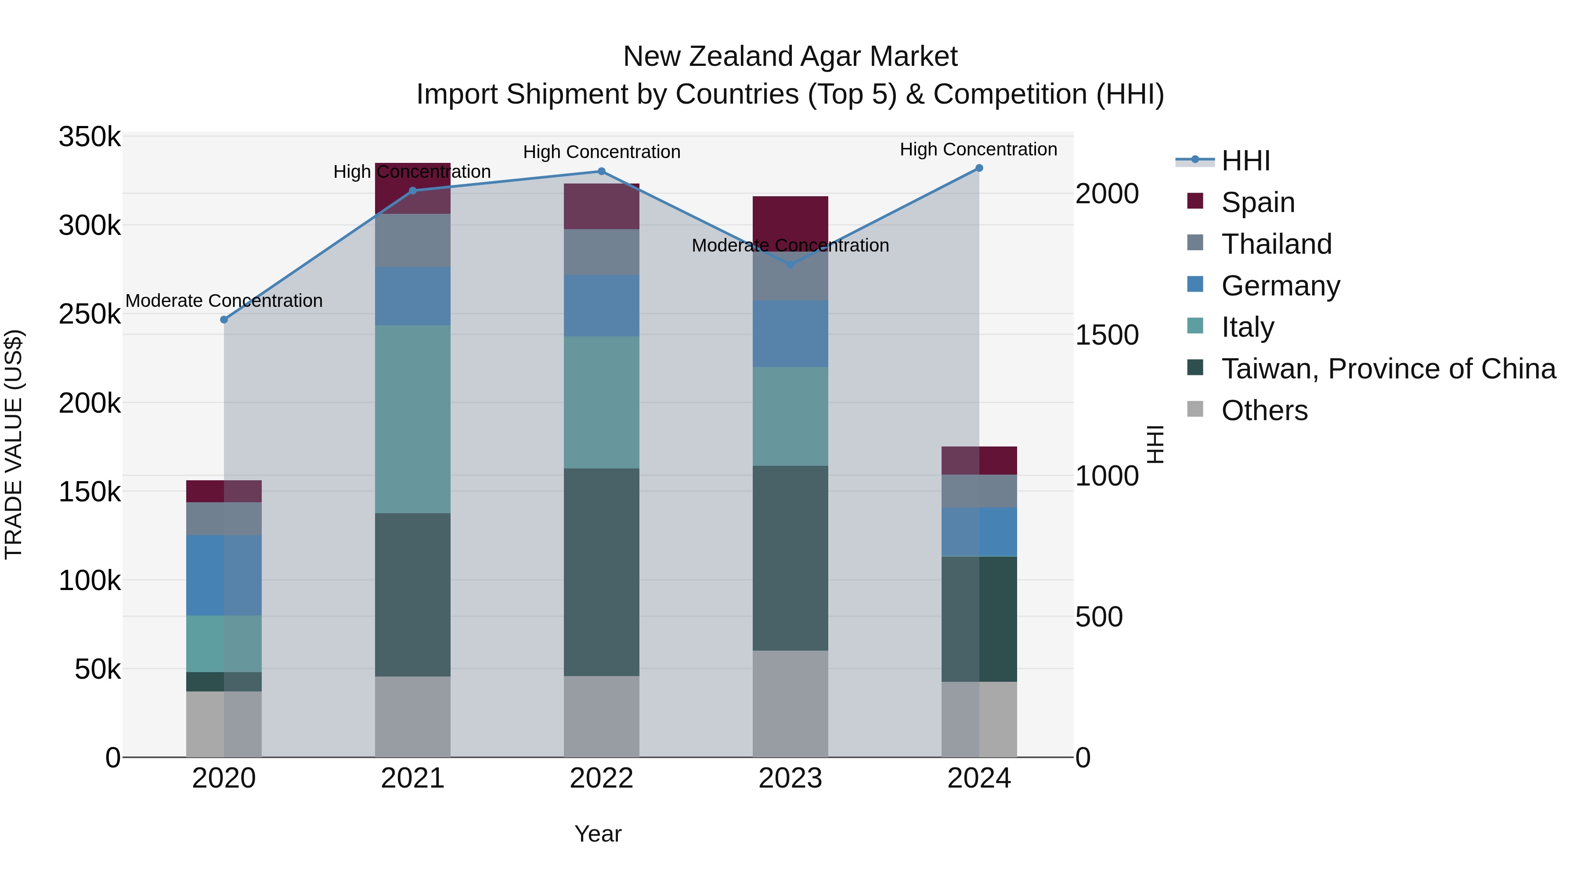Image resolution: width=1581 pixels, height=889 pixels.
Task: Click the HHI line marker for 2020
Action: pyautogui.click(x=224, y=320)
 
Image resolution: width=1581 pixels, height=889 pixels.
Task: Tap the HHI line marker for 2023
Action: pyautogui.click(x=790, y=265)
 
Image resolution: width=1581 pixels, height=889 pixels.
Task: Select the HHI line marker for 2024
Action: pyautogui.click(x=979, y=168)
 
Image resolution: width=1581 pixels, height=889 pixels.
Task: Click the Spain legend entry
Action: pyautogui.click(x=1258, y=202)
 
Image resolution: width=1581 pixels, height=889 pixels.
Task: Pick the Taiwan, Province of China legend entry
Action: pyautogui.click(x=1388, y=369)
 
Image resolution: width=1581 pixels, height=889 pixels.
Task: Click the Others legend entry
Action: pyautogui.click(x=1264, y=410)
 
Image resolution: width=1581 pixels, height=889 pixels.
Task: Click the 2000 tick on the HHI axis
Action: pyautogui.click(x=1107, y=194)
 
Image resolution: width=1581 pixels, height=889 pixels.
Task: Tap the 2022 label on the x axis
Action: pyautogui.click(x=602, y=778)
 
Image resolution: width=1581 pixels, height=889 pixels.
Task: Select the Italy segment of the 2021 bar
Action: pyautogui.click(x=412, y=419)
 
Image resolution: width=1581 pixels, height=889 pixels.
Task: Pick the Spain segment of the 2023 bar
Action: pyautogui.click(x=790, y=218)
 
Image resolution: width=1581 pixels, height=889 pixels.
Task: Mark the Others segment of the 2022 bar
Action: pyautogui.click(x=602, y=716)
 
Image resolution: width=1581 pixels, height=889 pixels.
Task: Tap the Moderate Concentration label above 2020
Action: pyautogui.click(x=224, y=301)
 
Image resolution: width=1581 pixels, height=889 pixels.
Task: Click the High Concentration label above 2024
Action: pyautogui.click(x=978, y=149)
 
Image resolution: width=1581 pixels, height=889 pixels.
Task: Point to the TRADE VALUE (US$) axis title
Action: pyautogui.click(x=14, y=444)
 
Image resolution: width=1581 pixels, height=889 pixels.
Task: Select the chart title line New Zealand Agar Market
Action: pyautogui.click(x=790, y=57)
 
